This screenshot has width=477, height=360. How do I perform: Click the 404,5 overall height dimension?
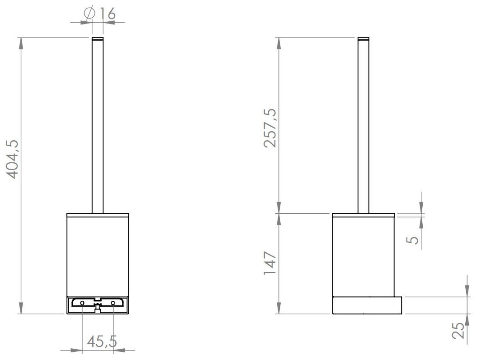[13, 159]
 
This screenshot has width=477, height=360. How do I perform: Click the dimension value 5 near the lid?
[412, 239]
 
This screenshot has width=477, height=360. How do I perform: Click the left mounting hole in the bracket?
[82, 302]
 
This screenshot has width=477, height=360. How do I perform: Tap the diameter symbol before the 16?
[89, 14]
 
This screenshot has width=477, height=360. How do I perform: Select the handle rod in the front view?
[98, 127]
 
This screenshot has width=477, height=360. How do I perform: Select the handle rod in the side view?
[364, 127]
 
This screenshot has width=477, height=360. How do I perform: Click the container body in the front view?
[98, 256]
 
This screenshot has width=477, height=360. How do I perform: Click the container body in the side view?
[364, 256]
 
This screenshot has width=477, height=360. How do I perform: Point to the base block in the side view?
[367, 305]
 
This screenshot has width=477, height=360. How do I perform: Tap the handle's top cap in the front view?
[98, 38]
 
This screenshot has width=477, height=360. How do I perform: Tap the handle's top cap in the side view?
[364, 38]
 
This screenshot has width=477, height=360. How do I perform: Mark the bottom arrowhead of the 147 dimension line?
[279, 309]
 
